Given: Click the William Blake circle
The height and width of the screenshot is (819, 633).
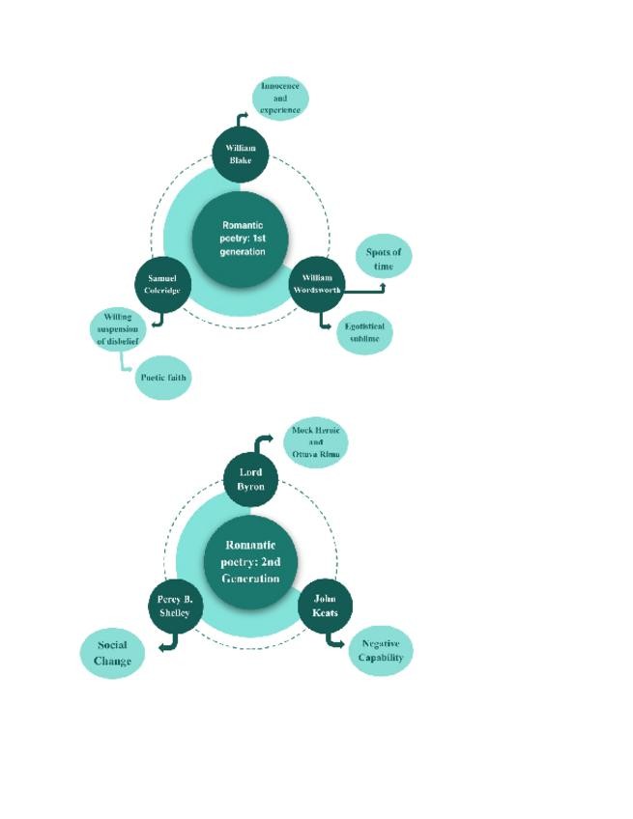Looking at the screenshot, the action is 241,155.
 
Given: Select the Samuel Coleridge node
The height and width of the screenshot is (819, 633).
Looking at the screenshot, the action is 162,284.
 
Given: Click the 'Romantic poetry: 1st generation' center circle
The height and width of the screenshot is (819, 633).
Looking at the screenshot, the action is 242,238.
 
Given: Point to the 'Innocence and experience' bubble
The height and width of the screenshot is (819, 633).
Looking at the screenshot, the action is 280,99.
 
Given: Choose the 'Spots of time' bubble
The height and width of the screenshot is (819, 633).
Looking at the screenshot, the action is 384,258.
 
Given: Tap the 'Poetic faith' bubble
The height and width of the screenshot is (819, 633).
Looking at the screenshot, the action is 162,378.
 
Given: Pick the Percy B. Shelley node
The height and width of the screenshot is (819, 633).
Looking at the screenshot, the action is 174,607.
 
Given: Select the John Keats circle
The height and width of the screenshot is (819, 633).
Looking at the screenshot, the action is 326,607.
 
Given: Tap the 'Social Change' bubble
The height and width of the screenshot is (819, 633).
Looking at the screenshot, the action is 112,654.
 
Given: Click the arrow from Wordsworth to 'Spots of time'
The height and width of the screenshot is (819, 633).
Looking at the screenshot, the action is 365,288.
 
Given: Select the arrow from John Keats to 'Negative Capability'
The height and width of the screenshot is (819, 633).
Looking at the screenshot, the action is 334,639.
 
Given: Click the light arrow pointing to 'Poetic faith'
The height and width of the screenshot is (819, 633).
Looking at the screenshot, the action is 124,363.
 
